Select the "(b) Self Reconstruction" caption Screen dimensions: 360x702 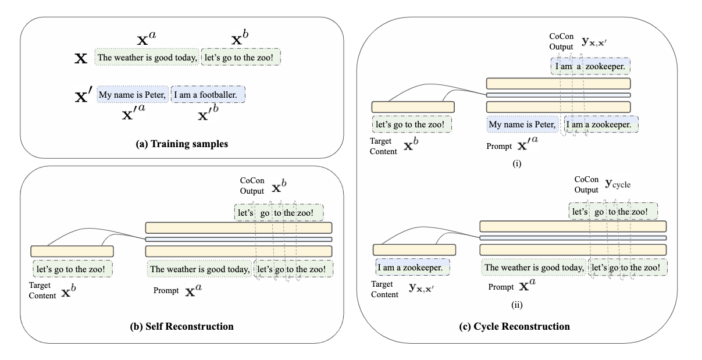coord(180,326)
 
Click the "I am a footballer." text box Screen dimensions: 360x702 coord(208,94)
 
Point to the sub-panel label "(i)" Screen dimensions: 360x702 coord(517,163)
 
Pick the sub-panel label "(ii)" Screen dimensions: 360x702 coord(517,302)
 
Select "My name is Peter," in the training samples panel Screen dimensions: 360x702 coord(133,94)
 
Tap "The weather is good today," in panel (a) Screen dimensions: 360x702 coord(147,58)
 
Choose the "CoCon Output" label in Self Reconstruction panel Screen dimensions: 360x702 coord(252,185)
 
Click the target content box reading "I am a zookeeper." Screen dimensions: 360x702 coord(413,268)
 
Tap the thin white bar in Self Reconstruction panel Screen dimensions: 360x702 coord(238,239)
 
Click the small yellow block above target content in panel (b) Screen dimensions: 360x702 coord(72,251)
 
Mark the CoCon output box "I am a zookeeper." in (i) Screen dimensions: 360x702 coord(590,67)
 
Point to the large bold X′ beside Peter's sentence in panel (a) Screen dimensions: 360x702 coord(84,96)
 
